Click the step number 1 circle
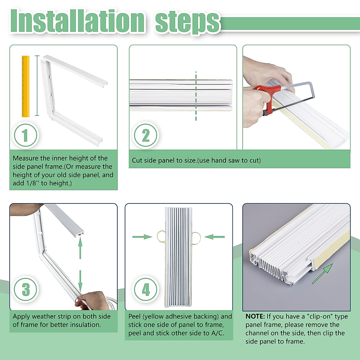(25, 135)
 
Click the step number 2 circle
(145, 135)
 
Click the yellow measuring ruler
(25, 86)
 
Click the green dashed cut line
(196, 96)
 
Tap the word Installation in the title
(77, 21)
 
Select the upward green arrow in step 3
(80, 248)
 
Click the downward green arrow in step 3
(80, 281)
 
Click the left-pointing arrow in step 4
(214, 237)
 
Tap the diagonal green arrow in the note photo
(322, 274)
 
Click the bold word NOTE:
(255, 316)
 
